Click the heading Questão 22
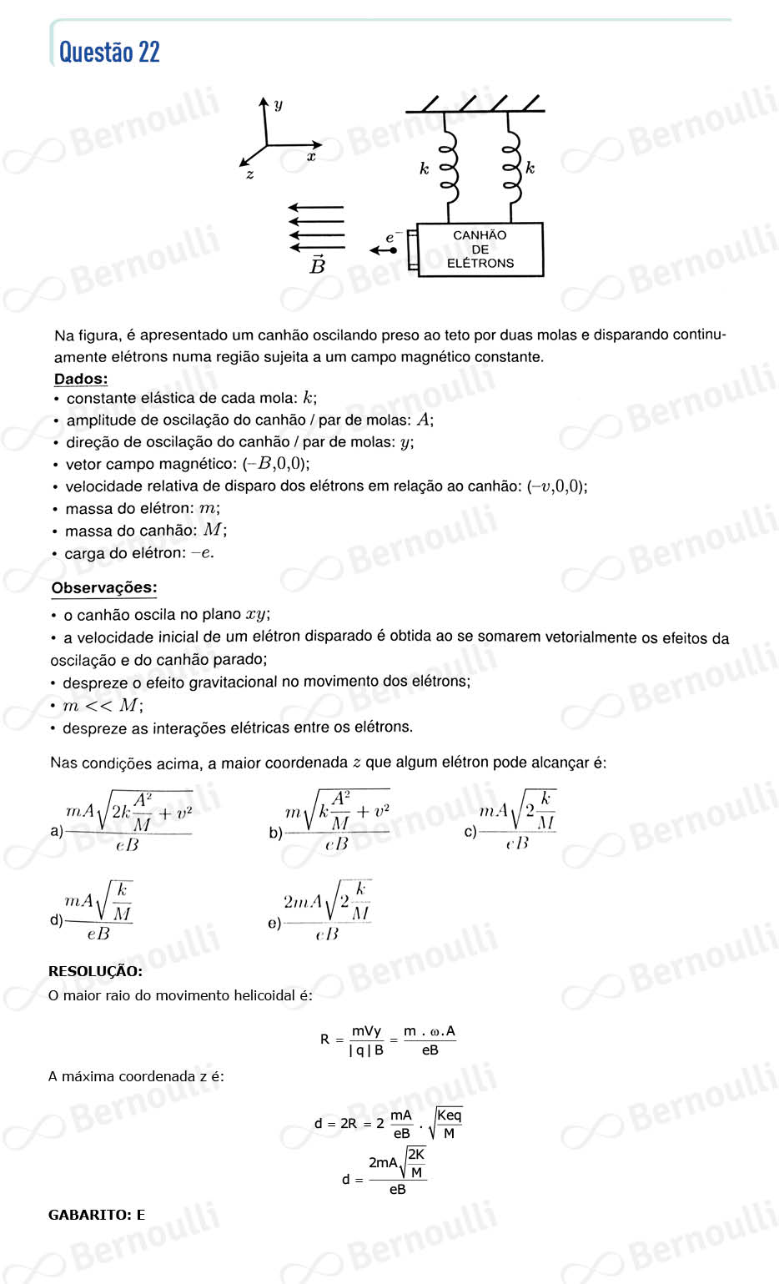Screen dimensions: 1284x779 pyautogui.click(x=109, y=53)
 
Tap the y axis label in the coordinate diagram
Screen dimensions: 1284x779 pyautogui.click(x=279, y=104)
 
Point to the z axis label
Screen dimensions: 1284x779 pyautogui.click(x=249, y=174)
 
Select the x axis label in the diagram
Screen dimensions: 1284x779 pyautogui.click(x=311, y=156)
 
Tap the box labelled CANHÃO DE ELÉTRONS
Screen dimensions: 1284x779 pyautogui.click(x=480, y=249)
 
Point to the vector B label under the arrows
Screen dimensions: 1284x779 pyautogui.click(x=317, y=265)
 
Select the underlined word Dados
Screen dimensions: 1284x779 pyautogui.click(x=81, y=379)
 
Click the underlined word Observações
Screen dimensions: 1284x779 pyautogui.click(x=104, y=587)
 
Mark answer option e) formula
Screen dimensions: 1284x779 pyautogui.click(x=326, y=911)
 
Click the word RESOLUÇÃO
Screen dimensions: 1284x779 pyautogui.click(x=95, y=971)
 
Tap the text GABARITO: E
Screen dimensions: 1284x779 pyautogui.click(x=97, y=1215)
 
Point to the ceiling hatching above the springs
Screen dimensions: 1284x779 pyautogui.click(x=475, y=103)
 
